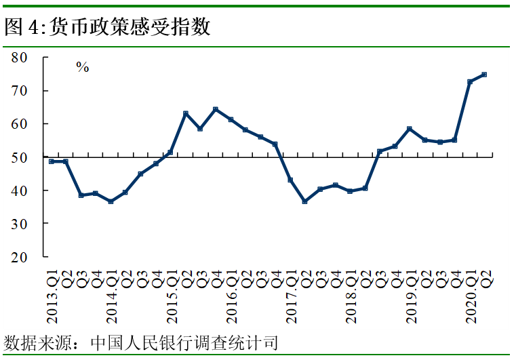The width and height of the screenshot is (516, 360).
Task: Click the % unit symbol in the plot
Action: point(83,67)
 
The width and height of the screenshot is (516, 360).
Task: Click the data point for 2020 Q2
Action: point(484,75)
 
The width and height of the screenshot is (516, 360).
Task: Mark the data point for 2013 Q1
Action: point(52,161)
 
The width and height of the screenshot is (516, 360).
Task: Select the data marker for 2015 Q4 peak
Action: point(216,109)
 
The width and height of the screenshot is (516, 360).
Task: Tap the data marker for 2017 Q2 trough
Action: point(305,201)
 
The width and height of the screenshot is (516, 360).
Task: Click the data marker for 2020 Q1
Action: point(470,81)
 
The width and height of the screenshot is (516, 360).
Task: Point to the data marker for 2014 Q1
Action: point(111,201)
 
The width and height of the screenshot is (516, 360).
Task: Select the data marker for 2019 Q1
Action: point(410,128)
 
